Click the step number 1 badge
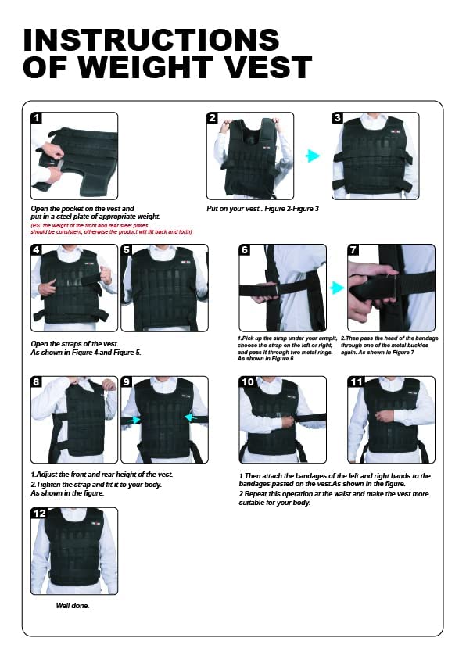37,119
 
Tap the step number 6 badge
245,251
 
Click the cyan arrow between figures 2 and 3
313,156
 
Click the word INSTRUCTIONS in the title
151,39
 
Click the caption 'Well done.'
72,605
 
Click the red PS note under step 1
110,228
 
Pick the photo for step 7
391,288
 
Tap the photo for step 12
74,551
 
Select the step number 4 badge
37,251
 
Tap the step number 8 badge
37,382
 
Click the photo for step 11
391,420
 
